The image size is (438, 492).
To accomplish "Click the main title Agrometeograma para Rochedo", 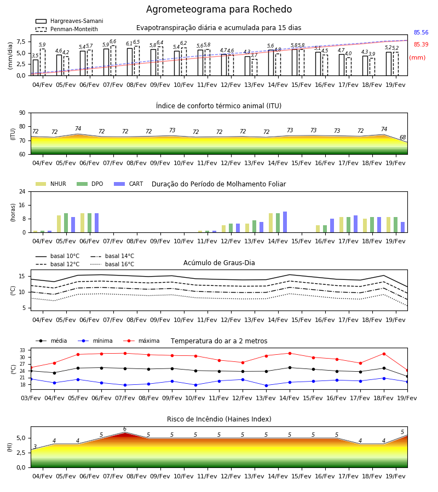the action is [219, 9].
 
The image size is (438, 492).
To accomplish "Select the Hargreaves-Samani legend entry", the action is [70, 21].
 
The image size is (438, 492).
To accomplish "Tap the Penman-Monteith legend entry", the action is [67, 29].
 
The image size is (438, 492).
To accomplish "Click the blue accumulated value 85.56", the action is [421, 33].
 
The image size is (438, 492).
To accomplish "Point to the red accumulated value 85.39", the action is [421, 45].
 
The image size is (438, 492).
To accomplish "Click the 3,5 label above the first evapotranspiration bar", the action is [35, 56].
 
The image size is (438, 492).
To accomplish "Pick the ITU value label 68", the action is [402, 137].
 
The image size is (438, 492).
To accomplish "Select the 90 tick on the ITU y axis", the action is [22, 113].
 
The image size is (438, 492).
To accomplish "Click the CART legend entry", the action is [129, 184].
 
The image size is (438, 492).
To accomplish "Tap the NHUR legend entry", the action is [51, 184].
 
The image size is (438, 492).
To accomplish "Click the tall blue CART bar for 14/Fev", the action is [285, 222].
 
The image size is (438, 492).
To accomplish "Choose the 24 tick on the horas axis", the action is [22, 191].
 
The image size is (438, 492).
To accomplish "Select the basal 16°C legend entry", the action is [112, 265].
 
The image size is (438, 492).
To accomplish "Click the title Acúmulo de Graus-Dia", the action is [219, 263].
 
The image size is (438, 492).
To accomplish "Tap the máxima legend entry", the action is [141, 341].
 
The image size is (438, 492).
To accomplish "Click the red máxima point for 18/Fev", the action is [384, 354].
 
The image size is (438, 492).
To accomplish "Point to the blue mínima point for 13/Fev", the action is [267, 385].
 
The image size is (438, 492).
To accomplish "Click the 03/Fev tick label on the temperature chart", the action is [31, 398].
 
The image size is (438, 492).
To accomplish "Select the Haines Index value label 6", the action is [125, 429].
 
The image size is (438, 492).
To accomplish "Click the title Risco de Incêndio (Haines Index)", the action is [219, 419].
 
